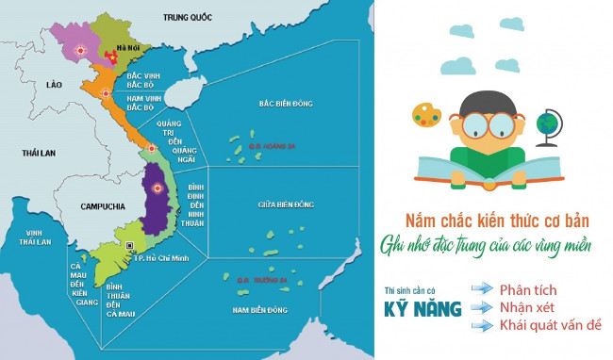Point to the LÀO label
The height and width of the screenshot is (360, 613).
(x=54, y=85)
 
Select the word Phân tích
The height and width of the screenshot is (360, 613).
(x=529, y=288)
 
